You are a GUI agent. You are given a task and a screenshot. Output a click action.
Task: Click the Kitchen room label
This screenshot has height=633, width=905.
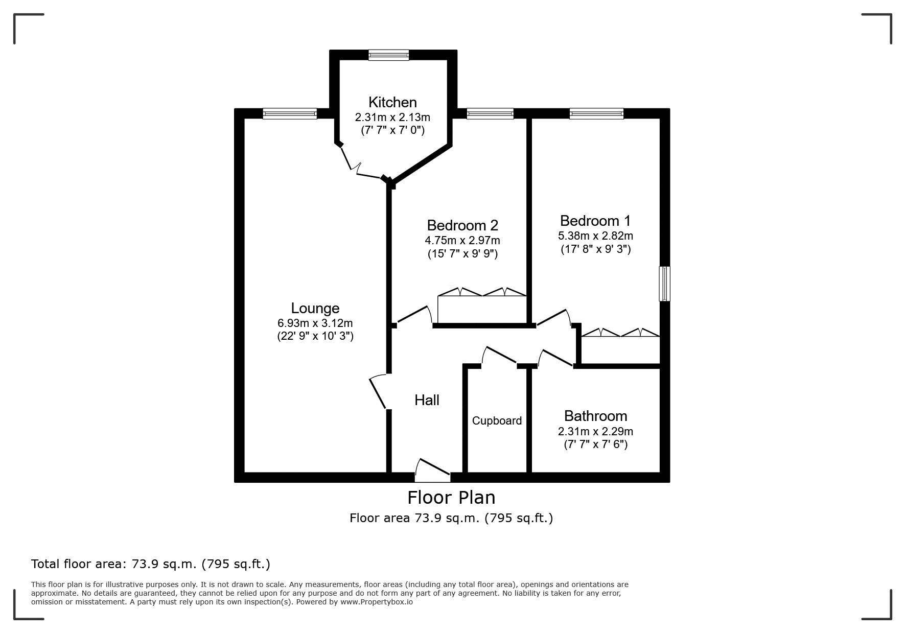[392, 102]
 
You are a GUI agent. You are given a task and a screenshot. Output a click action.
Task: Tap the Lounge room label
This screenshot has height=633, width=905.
[315, 308]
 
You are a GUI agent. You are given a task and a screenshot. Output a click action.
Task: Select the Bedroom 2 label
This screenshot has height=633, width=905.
[462, 225]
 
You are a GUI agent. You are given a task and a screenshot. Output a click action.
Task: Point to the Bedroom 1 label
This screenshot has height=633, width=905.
[595, 221]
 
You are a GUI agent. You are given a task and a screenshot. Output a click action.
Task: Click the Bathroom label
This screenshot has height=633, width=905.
[595, 416]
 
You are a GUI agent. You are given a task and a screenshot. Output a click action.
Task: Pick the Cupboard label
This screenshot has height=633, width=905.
[497, 420]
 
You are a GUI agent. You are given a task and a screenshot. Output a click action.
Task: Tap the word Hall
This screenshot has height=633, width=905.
[427, 400]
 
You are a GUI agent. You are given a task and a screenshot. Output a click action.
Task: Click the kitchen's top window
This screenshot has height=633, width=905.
[389, 55]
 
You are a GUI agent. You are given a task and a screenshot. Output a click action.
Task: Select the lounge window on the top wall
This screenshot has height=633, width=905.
[290, 113]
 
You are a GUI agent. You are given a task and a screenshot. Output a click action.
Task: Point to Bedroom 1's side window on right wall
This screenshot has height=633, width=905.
[664, 284]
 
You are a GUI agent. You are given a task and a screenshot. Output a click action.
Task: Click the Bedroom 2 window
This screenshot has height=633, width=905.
[490, 113]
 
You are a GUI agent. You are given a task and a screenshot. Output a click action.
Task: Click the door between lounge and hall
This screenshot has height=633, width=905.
[379, 391]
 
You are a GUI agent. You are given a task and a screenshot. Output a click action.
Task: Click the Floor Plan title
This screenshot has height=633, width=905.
[451, 497]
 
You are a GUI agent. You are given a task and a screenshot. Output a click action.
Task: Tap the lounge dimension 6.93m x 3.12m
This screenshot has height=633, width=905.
[315, 323]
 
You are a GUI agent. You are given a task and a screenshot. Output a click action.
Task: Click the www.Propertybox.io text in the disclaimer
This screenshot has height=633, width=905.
[377, 602]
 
